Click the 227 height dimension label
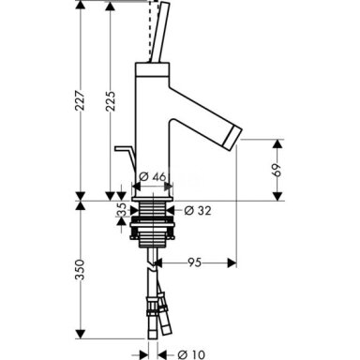[x=81, y=100]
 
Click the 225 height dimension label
[x=110, y=101]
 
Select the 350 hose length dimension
[x=81, y=269]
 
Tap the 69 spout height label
[x=277, y=170]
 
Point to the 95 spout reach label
[x=194, y=262]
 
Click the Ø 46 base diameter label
[x=152, y=177]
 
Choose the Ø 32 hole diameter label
[x=198, y=210]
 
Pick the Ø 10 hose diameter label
[x=191, y=354]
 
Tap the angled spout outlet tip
[x=233, y=139]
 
